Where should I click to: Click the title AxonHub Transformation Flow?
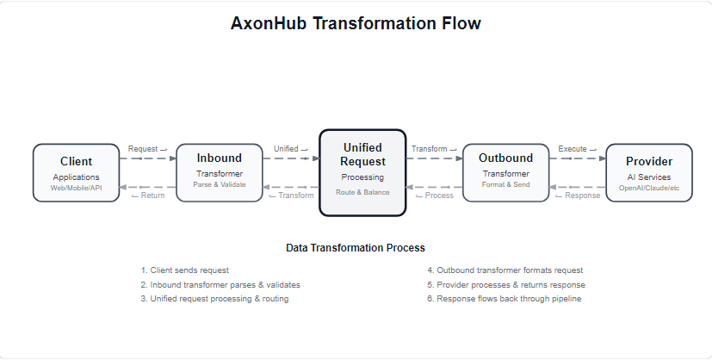point(356,24)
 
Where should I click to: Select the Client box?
point(76,172)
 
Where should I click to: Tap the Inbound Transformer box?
point(219,171)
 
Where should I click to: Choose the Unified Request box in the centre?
point(362,172)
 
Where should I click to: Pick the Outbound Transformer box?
point(505,171)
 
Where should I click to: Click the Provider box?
point(649,172)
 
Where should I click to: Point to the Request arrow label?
point(147,149)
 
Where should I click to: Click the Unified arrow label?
point(290,149)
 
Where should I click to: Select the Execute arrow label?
point(577,149)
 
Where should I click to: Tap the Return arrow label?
point(147,196)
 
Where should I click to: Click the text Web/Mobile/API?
point(76,188)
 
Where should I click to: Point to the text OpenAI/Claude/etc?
point(649,188)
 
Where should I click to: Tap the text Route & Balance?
point(362,192)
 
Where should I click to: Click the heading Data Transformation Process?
point(356,248)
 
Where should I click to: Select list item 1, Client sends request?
point(185,270)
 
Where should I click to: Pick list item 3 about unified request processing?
point(214,298)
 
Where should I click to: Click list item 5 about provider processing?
point(505,284)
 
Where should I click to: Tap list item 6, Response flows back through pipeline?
point(505,298)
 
